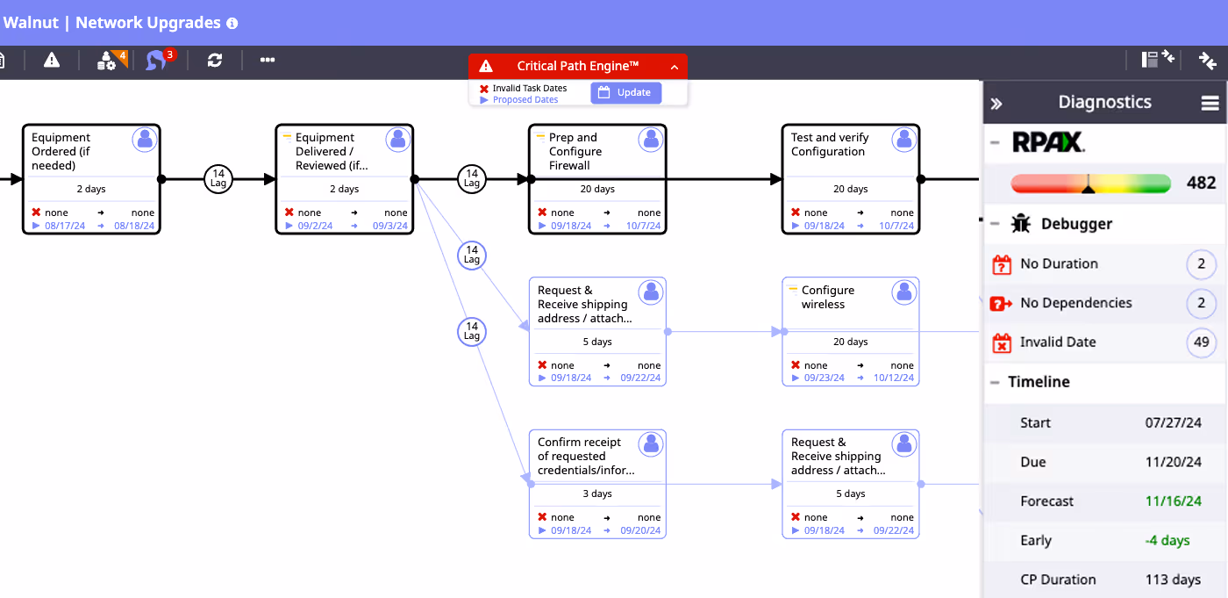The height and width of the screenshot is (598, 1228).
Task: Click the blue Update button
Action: [625, 92]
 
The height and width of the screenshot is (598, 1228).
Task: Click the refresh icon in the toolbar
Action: [215, 60]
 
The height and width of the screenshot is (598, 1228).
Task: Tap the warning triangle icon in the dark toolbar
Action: [52, 60]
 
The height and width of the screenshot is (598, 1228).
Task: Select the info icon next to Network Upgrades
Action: [232, 23]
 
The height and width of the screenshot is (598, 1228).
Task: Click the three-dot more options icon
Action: [268, 60]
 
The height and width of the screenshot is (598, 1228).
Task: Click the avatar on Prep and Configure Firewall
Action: [651, 140]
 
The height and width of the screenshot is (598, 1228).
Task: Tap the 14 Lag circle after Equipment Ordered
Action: [218, 179]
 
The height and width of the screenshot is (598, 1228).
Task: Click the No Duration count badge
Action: [1201, 264]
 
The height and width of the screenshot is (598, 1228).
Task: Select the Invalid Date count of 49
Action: [1201, 342]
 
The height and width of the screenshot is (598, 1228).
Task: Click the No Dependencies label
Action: [1075, 303]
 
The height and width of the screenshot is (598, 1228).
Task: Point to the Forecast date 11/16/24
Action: [1174, 501]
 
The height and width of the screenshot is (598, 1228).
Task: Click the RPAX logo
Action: [1048, 142]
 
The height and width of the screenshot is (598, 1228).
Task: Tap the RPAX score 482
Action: [1201, 183]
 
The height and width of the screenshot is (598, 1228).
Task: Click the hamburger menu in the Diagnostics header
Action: [1210, 103]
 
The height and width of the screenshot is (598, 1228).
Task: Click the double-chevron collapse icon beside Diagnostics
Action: [996, 103]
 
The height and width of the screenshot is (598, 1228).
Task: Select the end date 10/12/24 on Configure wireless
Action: [894, 378]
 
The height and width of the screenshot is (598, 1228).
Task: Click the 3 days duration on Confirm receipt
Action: [597, 494]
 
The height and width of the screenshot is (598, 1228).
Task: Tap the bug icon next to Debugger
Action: [1021, 224]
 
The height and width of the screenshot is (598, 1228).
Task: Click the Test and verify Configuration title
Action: [830, 144]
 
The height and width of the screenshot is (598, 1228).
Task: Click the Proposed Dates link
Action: [525, 100]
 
